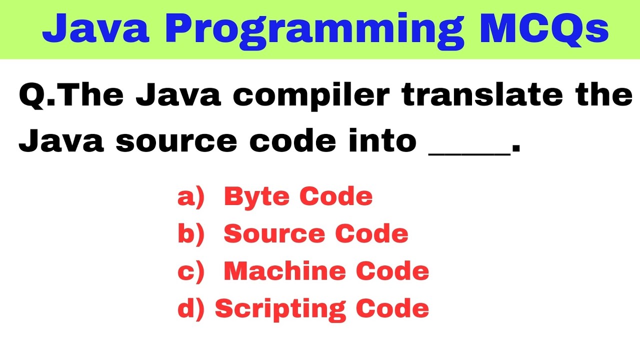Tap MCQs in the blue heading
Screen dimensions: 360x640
(x=544, y=28)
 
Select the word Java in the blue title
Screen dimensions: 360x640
(x=95, y=28)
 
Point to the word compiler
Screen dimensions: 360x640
(x=310, y=96)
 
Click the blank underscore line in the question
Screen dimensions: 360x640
(x=469, y=152)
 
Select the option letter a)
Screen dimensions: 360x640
(x=191, y=197)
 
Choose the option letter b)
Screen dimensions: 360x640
(x=191, y=234)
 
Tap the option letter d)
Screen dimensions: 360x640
(x=191, y=309)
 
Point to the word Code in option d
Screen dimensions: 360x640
(x=392, y=309)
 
